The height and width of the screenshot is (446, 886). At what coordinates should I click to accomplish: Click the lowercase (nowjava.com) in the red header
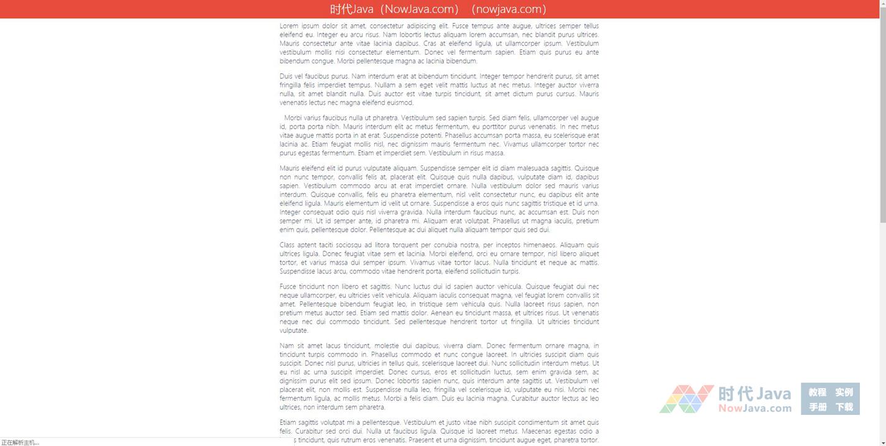(509, 9)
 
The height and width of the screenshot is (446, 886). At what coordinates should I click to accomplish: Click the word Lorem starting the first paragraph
(290, 26)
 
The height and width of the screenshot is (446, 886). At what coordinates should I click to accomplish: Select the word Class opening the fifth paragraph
(287, 245)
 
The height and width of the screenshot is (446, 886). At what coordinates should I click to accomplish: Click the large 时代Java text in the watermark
(755, 394)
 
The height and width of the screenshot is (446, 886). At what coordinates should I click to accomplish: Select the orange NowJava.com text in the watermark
(755, 408)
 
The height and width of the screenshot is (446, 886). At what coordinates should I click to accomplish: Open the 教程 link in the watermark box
(818, 392)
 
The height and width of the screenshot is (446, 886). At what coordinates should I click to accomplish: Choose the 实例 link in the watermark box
(844, 392)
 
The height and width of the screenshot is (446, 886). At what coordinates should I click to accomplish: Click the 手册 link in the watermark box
(818, 407)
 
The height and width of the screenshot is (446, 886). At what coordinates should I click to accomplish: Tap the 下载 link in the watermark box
(844, 407)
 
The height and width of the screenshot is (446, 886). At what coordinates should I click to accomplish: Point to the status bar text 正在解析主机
(20, 442)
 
